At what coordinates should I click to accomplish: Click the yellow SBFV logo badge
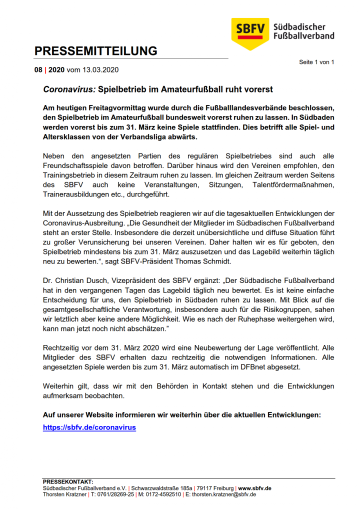250,32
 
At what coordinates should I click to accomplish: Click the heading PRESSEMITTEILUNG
95,51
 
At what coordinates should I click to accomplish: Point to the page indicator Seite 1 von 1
316,62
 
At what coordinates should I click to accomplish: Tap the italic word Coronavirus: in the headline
69,89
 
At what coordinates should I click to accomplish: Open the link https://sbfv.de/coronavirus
89,427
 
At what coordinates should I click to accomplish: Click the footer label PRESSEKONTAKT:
68,481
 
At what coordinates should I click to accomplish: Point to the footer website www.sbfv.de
254,488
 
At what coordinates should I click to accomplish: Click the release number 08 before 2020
38,70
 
